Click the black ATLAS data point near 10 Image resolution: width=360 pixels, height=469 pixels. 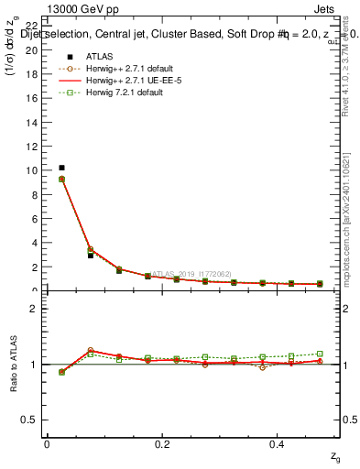click(x=61, y=168)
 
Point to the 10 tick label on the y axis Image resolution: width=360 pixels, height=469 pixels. click(x=32, y=170)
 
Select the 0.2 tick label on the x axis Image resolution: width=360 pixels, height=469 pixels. click(x=162, y=444)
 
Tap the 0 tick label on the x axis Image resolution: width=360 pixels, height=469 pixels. click(x=47, y=444)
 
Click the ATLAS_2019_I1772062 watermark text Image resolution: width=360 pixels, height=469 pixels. click(x=191, y=273)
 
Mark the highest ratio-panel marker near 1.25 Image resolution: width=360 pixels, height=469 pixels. click(x=90, y=350)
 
